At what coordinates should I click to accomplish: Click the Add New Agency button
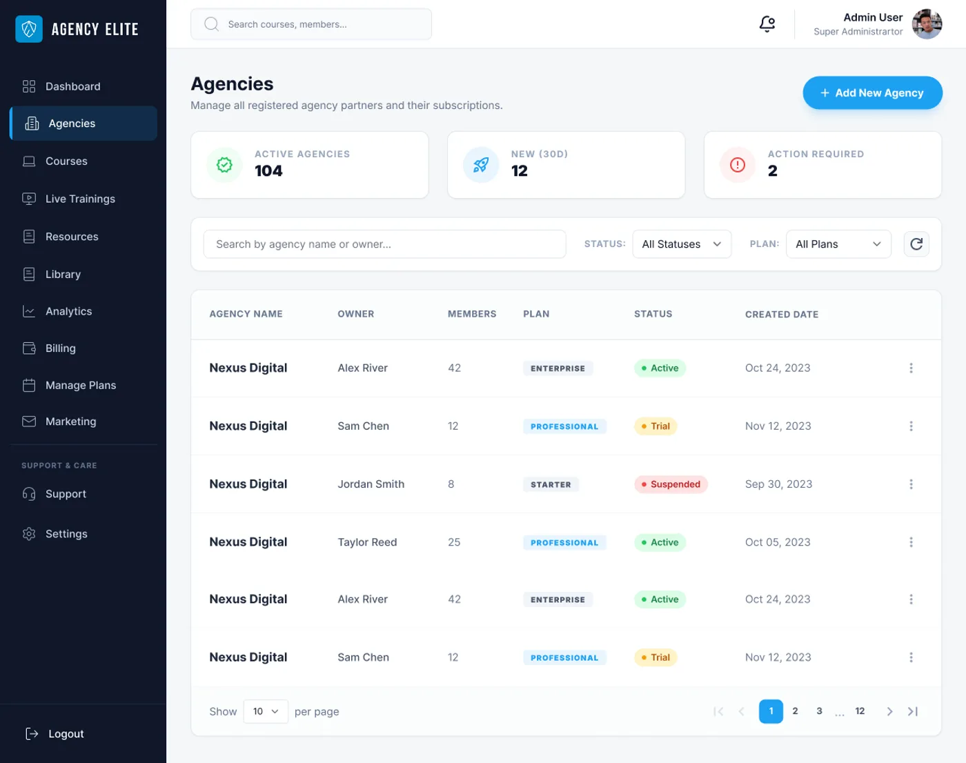[x=872, y=93]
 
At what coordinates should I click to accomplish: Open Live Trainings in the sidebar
[x=80, y=199]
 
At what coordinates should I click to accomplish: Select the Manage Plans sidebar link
[x=80, y=385]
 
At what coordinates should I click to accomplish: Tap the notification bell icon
[x=767, y=24]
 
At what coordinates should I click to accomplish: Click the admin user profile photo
[x=927, y=24]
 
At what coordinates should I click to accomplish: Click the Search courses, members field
[x=311, y=24]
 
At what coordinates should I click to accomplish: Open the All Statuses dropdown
[x=681, y=244]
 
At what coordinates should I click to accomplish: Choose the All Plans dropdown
[x=838, y=244]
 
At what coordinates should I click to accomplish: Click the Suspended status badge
[x=671, y=484]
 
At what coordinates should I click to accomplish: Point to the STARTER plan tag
[x=551, y=485]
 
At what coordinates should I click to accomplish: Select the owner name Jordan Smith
[x=371, y=484]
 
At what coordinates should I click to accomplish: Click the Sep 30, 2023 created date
[x=778, y=484]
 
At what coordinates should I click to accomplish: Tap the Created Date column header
[x=781, y=315]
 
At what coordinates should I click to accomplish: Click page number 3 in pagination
[x=819, y=711]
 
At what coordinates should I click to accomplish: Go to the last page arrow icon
[x=913, y=711]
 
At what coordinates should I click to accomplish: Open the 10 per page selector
[x=266, y=711]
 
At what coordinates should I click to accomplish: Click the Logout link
[x=66, y=734]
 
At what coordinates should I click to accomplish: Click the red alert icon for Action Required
[x=738, y=165]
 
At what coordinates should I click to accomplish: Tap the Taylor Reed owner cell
[x=367, y=542]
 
